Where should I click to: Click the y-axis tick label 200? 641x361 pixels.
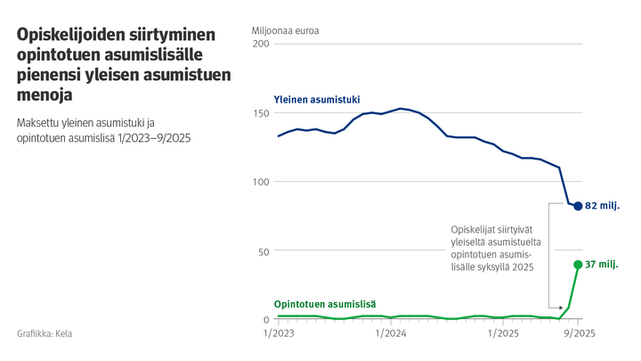261,44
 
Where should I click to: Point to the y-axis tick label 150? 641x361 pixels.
261,113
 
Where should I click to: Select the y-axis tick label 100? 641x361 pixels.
261,182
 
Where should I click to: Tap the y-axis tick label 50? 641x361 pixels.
264,251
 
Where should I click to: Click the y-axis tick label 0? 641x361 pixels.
266,320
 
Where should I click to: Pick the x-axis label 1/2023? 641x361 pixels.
279,334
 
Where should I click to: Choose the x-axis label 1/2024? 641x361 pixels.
391,334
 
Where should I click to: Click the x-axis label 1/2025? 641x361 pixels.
503,334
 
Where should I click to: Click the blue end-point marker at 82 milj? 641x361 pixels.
578,206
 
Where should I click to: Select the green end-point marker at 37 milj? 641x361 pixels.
578,265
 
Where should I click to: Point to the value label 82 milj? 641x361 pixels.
603,206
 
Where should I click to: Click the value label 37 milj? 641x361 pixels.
603,265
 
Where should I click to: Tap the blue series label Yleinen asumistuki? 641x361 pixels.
316,100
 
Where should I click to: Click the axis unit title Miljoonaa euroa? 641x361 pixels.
286,29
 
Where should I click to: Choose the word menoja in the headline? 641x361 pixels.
45,94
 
